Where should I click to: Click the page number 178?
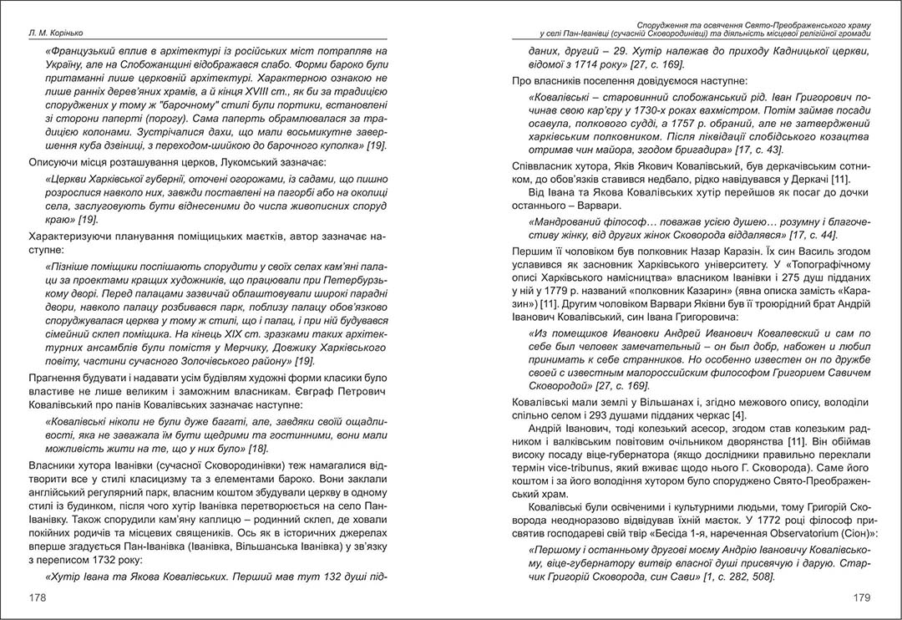coord(38,597)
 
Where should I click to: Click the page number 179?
coord(859,597)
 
